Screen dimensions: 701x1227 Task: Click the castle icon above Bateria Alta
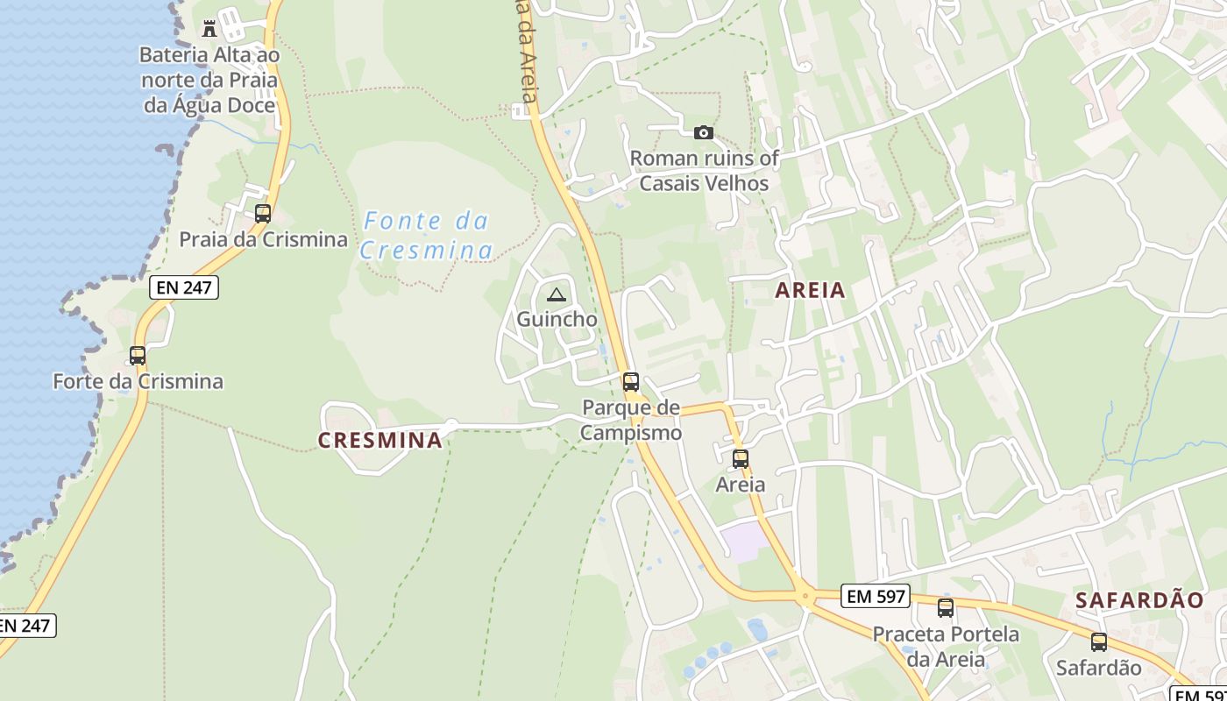point(209,29)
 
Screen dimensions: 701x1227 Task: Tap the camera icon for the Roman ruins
point(703,133)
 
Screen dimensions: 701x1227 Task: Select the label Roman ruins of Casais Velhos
point(704,171)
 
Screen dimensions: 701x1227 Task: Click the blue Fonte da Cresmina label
point(427,236)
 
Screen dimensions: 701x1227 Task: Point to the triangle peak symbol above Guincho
point(556,294)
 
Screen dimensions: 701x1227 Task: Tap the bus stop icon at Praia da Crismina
point(262,213)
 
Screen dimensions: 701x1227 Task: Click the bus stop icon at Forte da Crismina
point(138,356)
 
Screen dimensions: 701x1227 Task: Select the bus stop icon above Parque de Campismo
point(630,382)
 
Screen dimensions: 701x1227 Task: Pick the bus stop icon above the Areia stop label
point(741,458)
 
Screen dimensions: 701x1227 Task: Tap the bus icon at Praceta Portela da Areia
point(946,608)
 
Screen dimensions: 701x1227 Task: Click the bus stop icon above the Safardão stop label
point(1099,642)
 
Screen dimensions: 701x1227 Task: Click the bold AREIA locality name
point(811,290)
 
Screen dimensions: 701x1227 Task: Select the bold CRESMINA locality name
point(380,441)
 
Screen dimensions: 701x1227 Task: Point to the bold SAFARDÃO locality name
point(1139,600)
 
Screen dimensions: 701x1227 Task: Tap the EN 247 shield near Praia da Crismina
point(183,287)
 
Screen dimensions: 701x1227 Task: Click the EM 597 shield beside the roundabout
point(876,597)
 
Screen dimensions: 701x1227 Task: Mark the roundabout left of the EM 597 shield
point(805,598)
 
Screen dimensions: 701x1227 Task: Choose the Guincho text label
point(557,319)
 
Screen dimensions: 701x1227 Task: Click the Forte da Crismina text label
point(138,382)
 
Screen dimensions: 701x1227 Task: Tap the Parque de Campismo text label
point(631,420)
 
